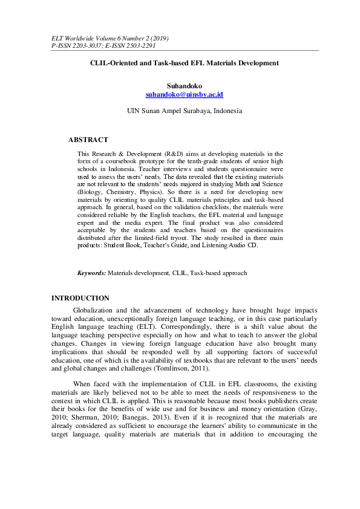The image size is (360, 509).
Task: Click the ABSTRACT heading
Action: [x=88, y=140]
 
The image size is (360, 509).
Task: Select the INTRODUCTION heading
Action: [x=80, y=298]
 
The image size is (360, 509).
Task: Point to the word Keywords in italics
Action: [x=91, y=273]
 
